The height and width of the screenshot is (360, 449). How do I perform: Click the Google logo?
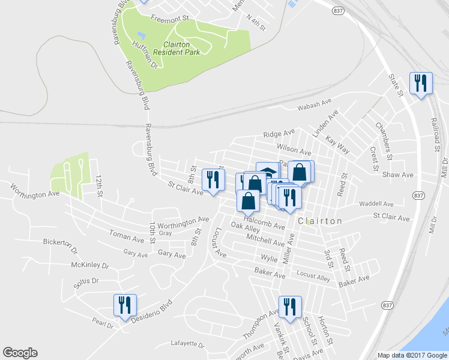coord(20,353)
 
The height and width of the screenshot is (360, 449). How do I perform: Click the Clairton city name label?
coord(321,221)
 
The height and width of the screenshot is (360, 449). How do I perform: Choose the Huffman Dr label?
coord(145,55)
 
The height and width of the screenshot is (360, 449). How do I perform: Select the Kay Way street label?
coord(337,144)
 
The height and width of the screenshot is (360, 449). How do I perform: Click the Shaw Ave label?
coord(399,175)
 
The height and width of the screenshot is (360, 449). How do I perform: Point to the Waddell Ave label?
coord(376,204)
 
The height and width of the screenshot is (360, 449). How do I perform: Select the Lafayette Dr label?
coord(187,345)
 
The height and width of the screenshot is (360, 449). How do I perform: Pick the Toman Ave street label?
coord(127,236)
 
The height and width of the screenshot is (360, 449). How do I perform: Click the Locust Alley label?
coord(313,276)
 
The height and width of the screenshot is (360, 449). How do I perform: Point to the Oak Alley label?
coord(245,228)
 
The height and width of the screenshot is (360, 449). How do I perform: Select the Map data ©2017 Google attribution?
coord(412,355)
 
